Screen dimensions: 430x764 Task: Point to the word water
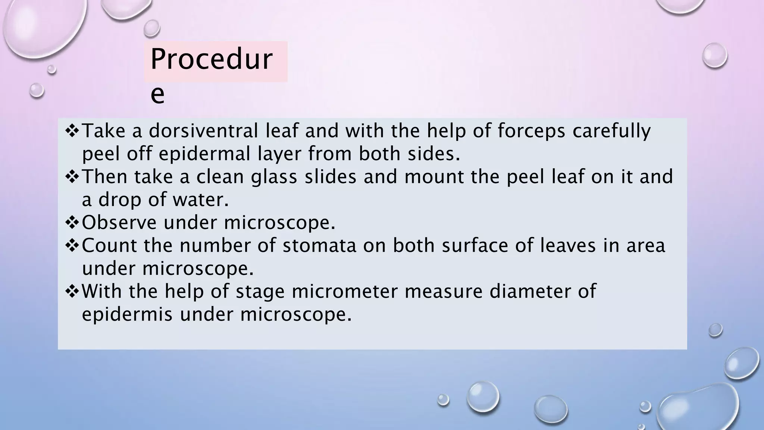pos(200,200)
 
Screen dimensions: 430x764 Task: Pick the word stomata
pos(319,246)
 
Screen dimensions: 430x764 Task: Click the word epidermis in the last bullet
pos(127,315)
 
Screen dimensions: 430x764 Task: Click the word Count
pos(109,246)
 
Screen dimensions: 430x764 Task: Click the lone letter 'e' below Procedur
pos(157,95)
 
